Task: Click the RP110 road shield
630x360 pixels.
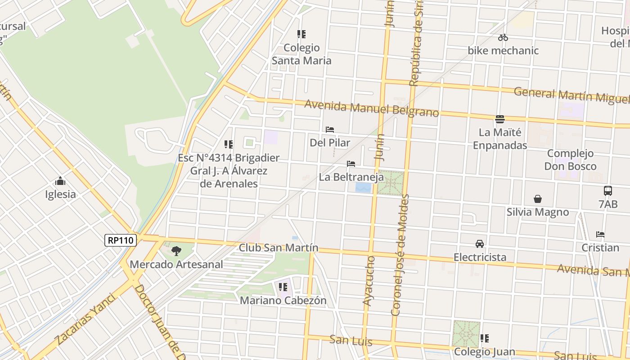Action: click(121, 240)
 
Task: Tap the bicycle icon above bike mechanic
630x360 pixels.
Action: click(503, 38)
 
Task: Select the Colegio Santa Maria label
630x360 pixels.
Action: click(301, 54)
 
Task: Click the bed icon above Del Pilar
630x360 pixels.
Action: click(330, 130)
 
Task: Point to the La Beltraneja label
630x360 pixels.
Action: click(351, 177)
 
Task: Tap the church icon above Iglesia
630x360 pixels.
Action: click(60, 181)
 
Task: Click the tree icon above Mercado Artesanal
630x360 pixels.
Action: click(176, 251)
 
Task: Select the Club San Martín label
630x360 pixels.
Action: click(279, 247)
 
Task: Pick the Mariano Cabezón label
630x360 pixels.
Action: click(283, 300)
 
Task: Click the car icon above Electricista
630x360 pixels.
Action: click(480, 244)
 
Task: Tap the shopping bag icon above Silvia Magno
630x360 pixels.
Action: click(538, 199)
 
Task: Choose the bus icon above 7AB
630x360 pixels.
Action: click(608, 191)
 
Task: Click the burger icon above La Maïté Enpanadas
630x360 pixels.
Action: click(500, 119)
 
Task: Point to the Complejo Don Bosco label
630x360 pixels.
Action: click(570, 160)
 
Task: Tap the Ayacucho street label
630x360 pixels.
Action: click(369, 281)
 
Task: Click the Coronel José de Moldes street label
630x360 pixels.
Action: click(400, 254)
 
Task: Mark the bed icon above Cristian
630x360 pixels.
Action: click(600, 234)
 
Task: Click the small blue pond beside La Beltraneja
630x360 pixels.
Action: click(363, 188)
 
